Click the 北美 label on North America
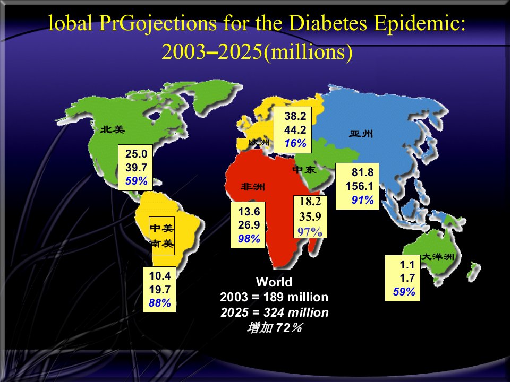(113, 129)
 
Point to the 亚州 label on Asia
(361, 134)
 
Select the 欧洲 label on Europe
(259, 142)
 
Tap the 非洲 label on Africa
(253, 187)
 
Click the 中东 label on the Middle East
(304, 170)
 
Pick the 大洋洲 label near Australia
(437, 257)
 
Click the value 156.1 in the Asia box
(360, 186)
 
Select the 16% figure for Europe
(295, 143)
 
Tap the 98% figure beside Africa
(249, 239)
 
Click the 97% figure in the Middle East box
(310, 232)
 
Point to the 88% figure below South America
(160, 303)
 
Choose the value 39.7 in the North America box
(137, 168)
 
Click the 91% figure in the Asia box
(362, 200)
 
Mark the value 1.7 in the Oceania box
(407, 278)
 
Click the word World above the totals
(274, 282)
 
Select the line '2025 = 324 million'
(275, 312)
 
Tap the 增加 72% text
(275, 328)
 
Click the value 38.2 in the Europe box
(295, 116)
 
